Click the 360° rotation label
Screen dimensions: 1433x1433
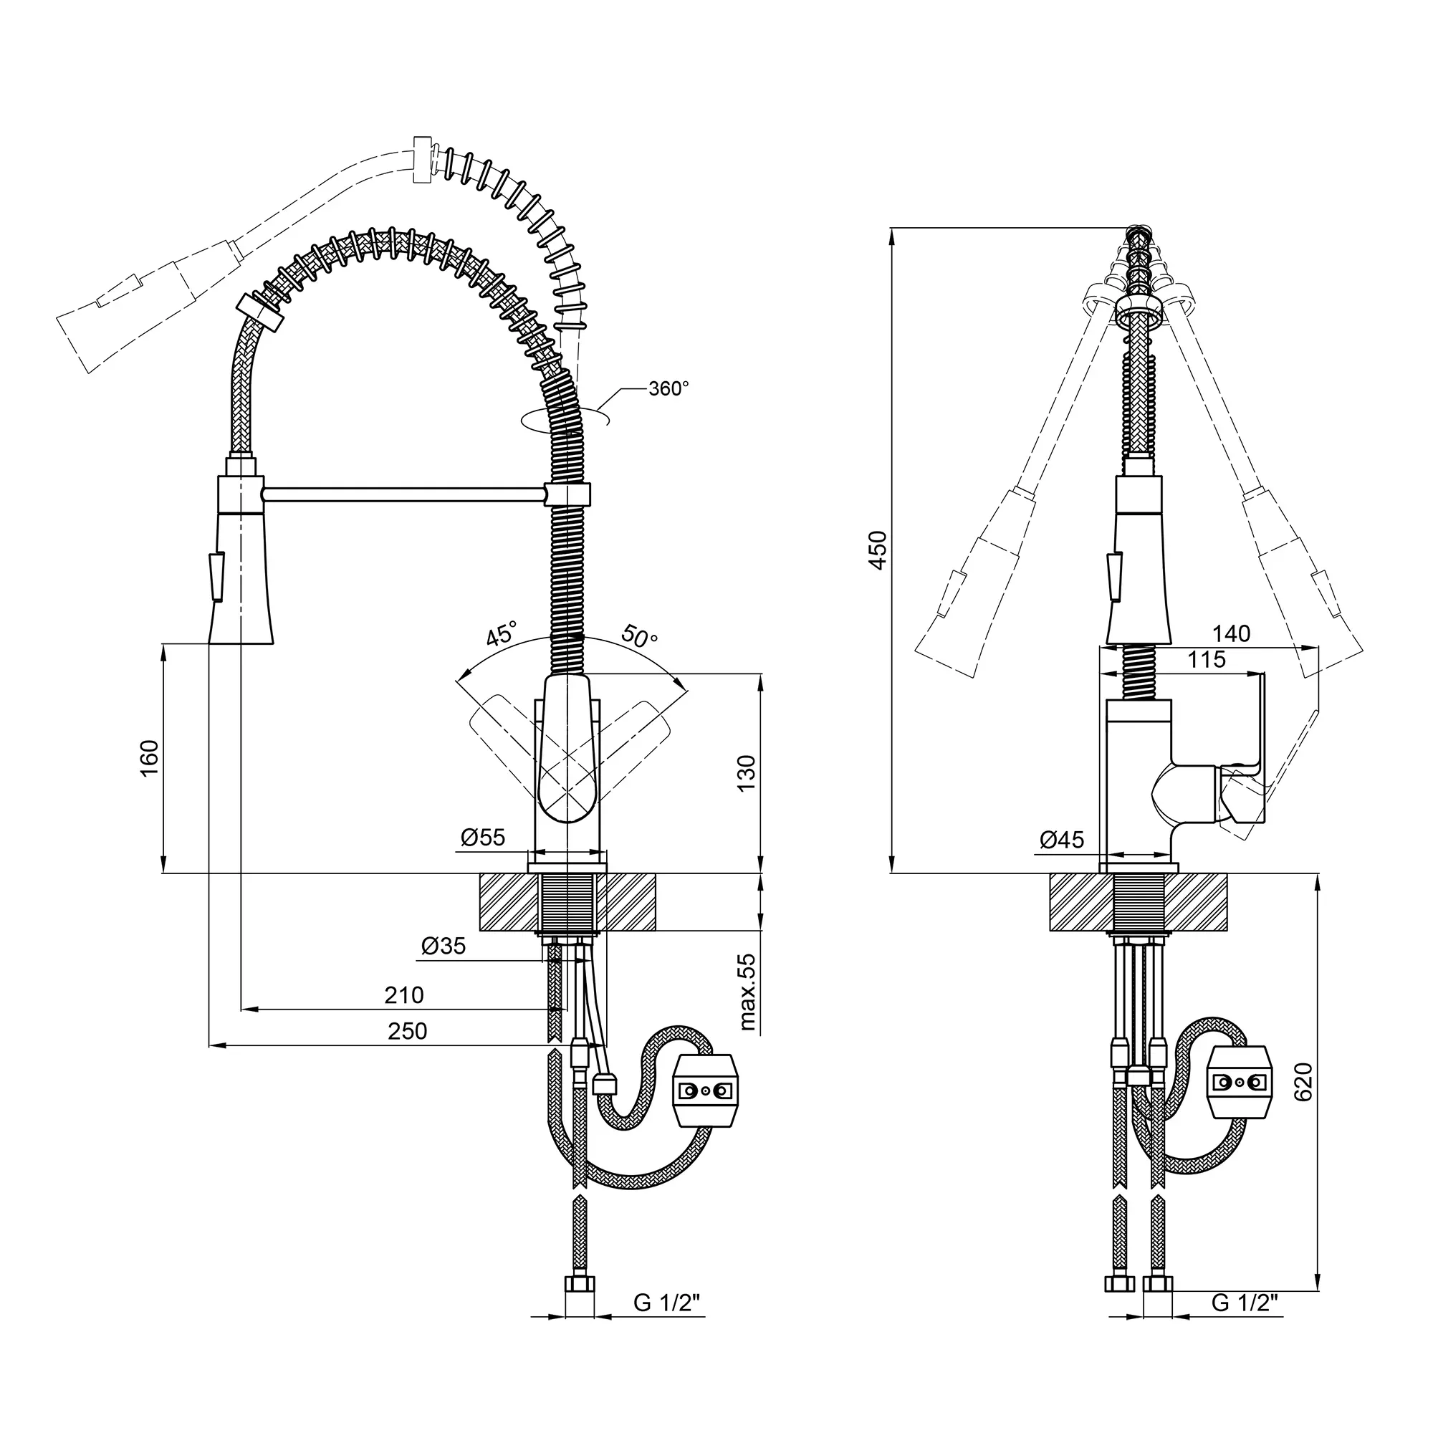pos(668,388)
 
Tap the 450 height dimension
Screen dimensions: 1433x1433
pos(878,550)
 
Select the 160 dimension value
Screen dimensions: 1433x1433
pos(150,758)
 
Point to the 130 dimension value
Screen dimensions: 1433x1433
pos(746,773)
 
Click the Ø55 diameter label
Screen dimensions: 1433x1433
pos(483,838)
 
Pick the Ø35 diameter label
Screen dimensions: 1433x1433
pos(444,946)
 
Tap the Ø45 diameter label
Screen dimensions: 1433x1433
pos(1061,840)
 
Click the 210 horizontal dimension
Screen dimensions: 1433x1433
pos(404,995)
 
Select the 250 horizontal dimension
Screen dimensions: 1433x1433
pos(407,1031)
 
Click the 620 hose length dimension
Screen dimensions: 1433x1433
pos(1304,1082)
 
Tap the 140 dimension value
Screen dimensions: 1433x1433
pos(1231,633)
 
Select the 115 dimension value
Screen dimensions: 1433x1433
pos(1207,659)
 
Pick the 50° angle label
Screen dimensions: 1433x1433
pos(639,636)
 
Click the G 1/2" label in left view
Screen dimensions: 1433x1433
pos(667,1323)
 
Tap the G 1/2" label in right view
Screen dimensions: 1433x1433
pos(1245,1323)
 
